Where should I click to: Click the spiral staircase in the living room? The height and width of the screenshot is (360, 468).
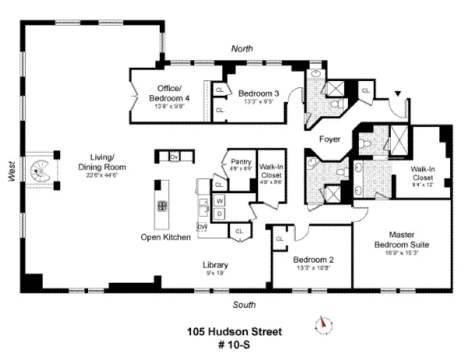(x=40, y=171)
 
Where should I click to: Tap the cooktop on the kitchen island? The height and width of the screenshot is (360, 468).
(x=164, y=207)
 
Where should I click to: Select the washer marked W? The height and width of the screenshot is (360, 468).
(x=219, y=201)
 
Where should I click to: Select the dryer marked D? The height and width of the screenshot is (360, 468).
(x=219, y=213)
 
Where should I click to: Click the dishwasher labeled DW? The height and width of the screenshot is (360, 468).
(x=203, y=226)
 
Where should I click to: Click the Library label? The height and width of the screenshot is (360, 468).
(x=215, y=264)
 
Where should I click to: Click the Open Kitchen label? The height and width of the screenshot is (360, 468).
(x=165, y=237)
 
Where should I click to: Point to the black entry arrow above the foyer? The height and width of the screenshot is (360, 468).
(x=399, y=95)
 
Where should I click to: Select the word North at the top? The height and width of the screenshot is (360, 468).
(x=243, y=48)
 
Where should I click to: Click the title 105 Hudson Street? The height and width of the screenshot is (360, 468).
(x=234, y=330)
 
